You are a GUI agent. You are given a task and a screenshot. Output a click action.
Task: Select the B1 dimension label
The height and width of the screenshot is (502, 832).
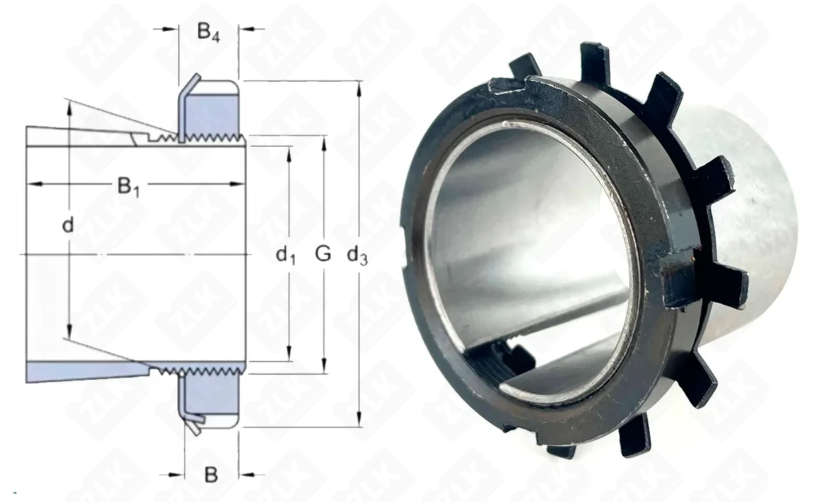point(129,186)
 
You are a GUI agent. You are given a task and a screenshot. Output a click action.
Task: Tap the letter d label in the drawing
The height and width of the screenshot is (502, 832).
point(67,225)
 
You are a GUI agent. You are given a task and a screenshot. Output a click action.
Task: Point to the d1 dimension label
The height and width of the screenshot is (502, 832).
point(286,256)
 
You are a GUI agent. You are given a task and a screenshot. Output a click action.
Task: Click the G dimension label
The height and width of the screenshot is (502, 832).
point(322,254)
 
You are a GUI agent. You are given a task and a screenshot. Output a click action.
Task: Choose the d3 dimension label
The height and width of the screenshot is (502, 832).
point(357,256)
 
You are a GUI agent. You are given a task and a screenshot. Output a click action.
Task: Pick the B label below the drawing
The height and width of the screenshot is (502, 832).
point(211,474)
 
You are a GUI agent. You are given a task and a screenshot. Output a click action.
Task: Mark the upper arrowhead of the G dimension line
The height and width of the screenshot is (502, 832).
point(324,143)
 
